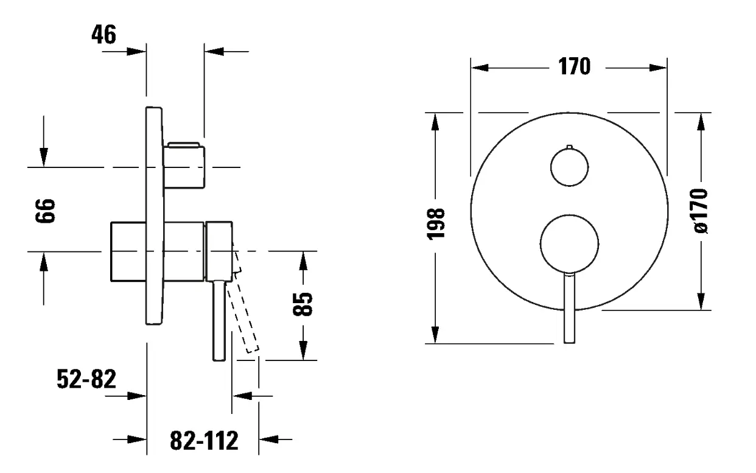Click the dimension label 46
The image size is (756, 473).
(104, 35)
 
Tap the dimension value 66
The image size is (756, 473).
(45, 211)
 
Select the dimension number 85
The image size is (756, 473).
(303, 304)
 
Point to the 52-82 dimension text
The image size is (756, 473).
(86, 379)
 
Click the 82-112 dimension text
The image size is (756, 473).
(204, 441)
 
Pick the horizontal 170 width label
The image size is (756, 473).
(575, 66)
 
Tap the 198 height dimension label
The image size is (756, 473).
(436, 225)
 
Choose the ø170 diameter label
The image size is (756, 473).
(701, 211)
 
